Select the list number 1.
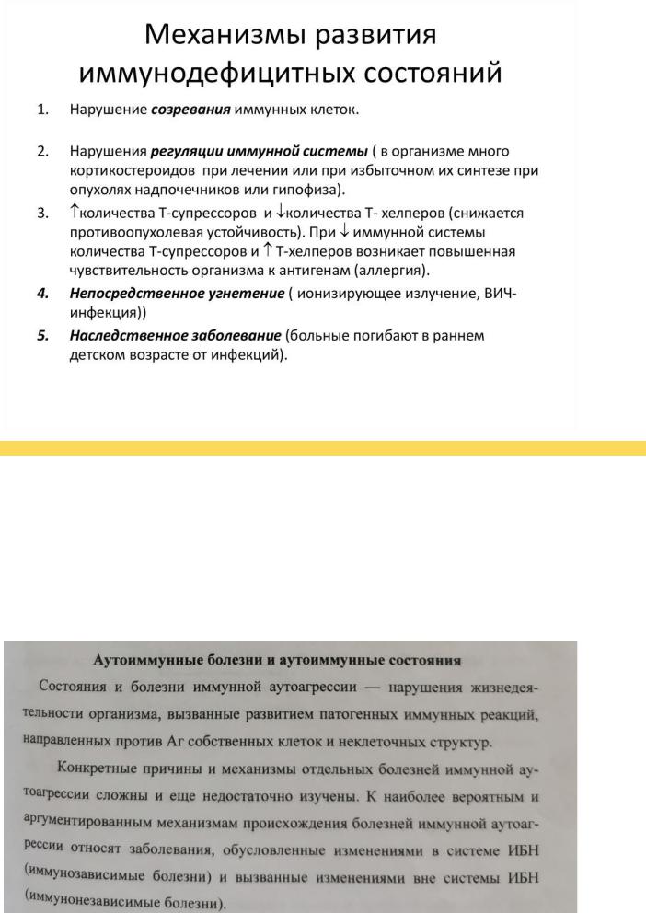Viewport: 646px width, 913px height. coord(42,110)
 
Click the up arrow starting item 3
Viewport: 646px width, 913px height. coord(74,213)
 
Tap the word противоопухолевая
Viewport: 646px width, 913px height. coord(141,233)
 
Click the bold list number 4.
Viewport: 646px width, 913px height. coord(42,293)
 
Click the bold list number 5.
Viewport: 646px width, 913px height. coord(42,335)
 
